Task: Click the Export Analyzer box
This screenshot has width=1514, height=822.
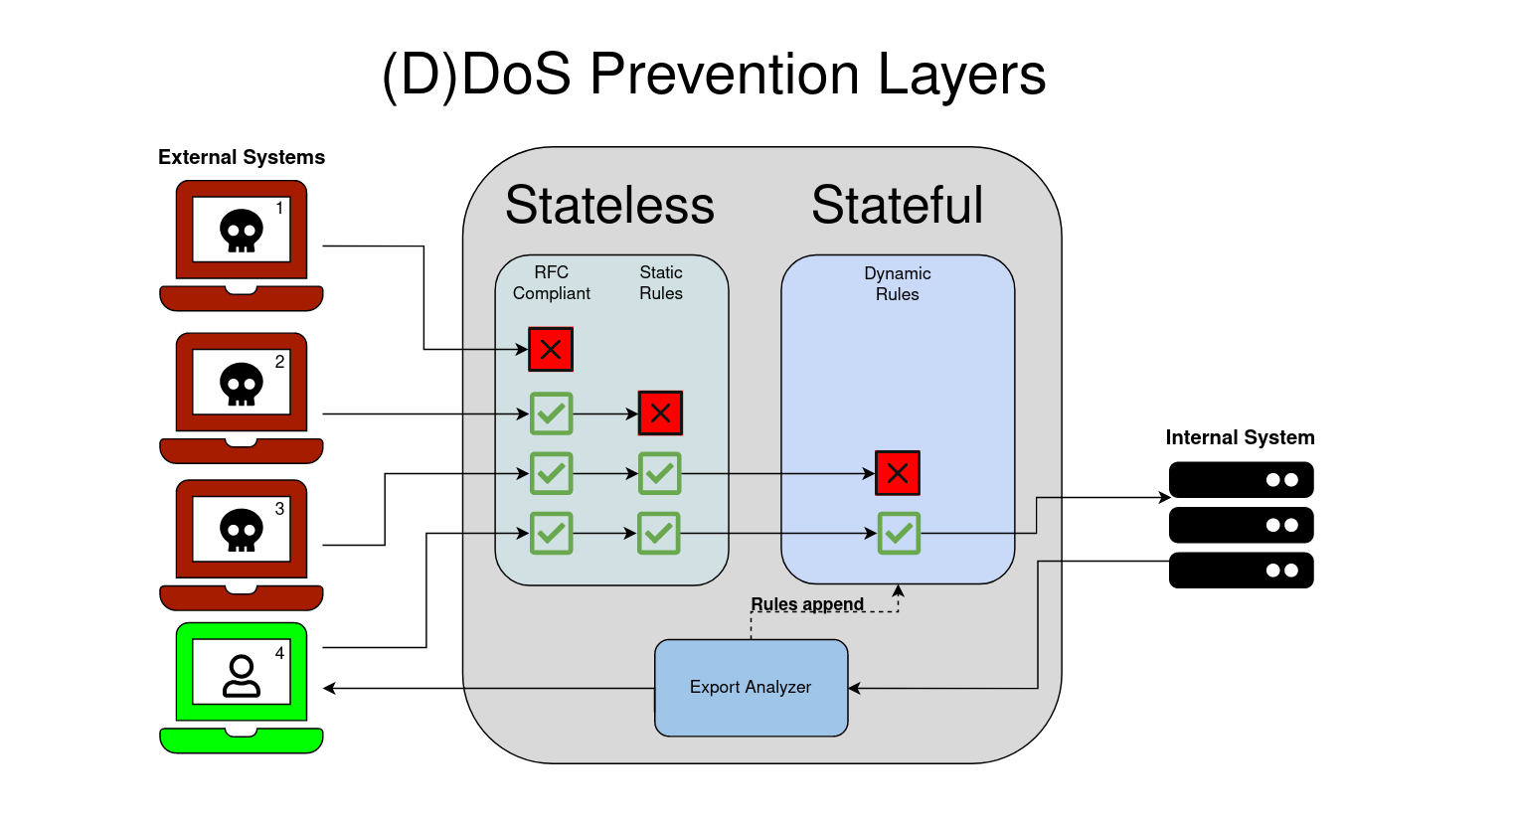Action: click(751, 688)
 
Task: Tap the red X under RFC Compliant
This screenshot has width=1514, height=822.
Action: click(551, 350)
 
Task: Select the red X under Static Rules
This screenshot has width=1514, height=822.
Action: click(660, 413)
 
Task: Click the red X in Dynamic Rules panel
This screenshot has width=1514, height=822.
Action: click(898, 473)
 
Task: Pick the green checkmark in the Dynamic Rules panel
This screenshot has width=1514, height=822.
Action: click(899, 534)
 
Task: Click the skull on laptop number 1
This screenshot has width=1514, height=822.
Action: click(242, 231)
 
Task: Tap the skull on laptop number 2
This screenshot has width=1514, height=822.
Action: click(242, 384)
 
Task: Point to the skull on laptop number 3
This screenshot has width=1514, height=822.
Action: click(242, 530)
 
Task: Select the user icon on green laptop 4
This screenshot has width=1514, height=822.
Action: click(242, 676)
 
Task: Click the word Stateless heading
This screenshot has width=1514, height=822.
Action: click(609, 206)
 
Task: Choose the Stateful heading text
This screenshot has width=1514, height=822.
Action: click(897, 206)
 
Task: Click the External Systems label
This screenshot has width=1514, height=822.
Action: click(242, 157)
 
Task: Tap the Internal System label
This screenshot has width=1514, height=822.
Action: click(1240, 437)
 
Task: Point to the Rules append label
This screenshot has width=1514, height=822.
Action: click(807, 604)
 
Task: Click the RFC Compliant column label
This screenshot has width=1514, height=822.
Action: click(552, 283)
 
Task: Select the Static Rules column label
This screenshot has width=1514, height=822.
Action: click(661, 283)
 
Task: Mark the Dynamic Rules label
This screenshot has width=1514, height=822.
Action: click(898, 284)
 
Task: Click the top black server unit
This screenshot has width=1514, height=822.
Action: click(1241, 480)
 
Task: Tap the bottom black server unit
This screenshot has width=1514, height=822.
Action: click(1241, 571)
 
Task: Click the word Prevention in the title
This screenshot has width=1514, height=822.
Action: click(725, 75)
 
